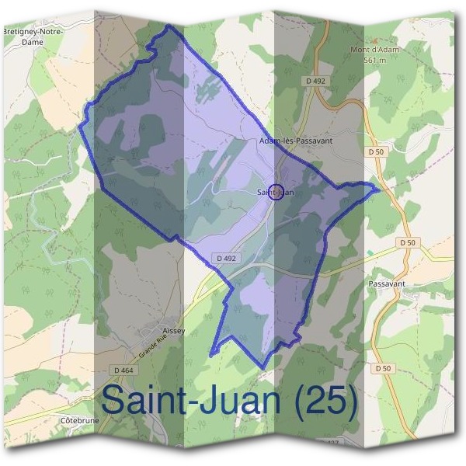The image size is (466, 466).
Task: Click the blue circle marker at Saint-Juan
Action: pos(274,192)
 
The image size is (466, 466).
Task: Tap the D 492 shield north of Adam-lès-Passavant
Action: pos(314,79)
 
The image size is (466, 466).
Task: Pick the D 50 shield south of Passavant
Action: pos(381,368)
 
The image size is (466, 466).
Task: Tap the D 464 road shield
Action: pos(121,370)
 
